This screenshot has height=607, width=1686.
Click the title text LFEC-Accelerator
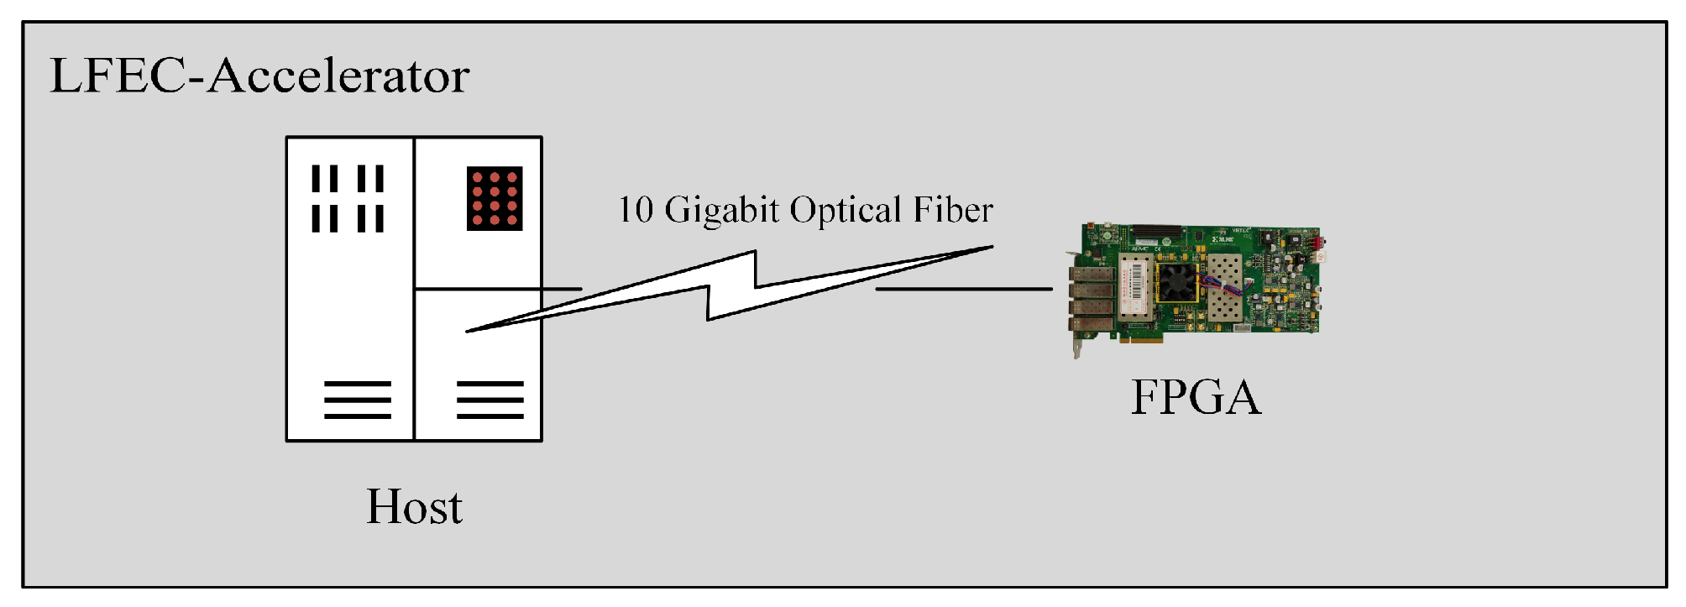pyautogui.click(x=259, y=76)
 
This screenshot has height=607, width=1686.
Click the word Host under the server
pyautogui.click(x=414, y=507)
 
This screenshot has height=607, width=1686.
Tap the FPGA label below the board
pyautogui.click(x=1196, y=397)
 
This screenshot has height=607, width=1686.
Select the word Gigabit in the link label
pyautogui.click(x=722, y=210)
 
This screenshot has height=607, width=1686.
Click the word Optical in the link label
pyautogui.click(x=846, y=210)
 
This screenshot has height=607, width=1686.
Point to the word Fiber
pyautogui.click(x=953, y=210)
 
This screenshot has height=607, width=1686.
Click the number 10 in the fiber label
pyautogui.click(x=636, y=210)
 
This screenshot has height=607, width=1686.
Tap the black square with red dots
pyautogui.click(x=495, y=199)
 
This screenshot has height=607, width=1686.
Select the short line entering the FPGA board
pyautogui.click(x=963, y=289)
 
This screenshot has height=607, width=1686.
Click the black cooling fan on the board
pyautogui.click(x=1177, y=282)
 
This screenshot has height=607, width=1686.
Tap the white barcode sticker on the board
pyautogui.click(x=1133, y=285)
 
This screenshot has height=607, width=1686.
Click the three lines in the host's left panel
pyautogui.click(x=358, y=400)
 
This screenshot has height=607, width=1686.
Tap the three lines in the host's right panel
pyautogui.click(x=490, y=400)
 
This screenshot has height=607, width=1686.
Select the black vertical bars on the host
pyautogui.click(x=348, y=198)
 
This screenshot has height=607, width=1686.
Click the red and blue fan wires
pyautogui.click(x=1221, y=285)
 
